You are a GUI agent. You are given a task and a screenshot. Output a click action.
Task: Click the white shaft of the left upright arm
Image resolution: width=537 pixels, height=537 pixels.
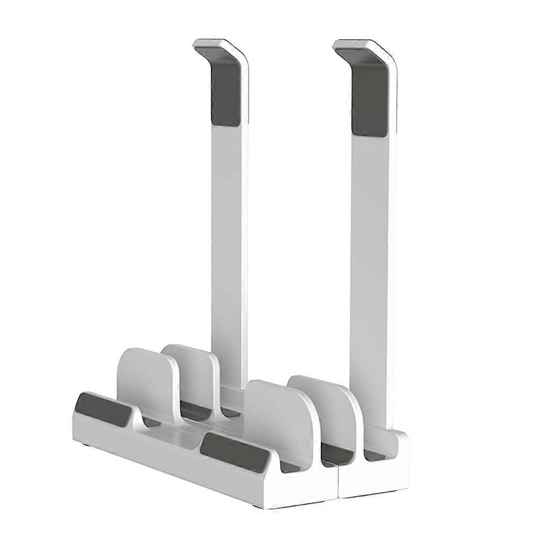click(228, 241)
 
